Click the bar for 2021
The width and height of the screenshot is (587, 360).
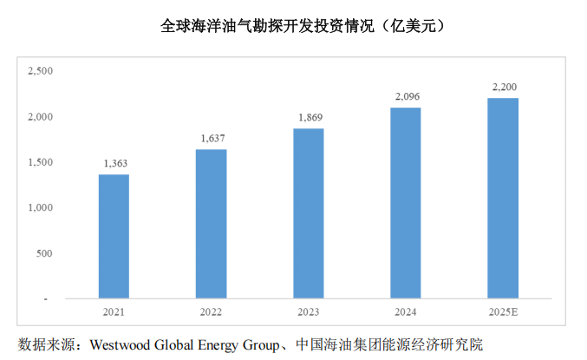tap(114, 237)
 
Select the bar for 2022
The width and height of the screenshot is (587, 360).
tap(211, 224)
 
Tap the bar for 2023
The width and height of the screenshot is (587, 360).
tap(309, 213)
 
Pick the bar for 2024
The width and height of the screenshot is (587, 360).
tap(406, 203)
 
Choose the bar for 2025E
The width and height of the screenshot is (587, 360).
tap(503, 199)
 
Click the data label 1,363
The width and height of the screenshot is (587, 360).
tap(114, 163)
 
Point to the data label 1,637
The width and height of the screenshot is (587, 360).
tap(211, 138)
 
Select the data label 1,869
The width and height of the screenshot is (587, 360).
tap(309, 117)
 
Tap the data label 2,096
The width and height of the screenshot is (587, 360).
tap(406, 96)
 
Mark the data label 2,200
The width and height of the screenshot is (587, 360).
tap(503, 87)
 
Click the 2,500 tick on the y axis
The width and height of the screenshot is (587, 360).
tap(41, 71)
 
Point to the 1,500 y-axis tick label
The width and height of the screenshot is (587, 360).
tap(41, 162)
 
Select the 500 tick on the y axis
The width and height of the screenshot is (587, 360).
tap(45, 253)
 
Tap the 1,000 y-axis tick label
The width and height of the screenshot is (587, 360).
tap(41, 208)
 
